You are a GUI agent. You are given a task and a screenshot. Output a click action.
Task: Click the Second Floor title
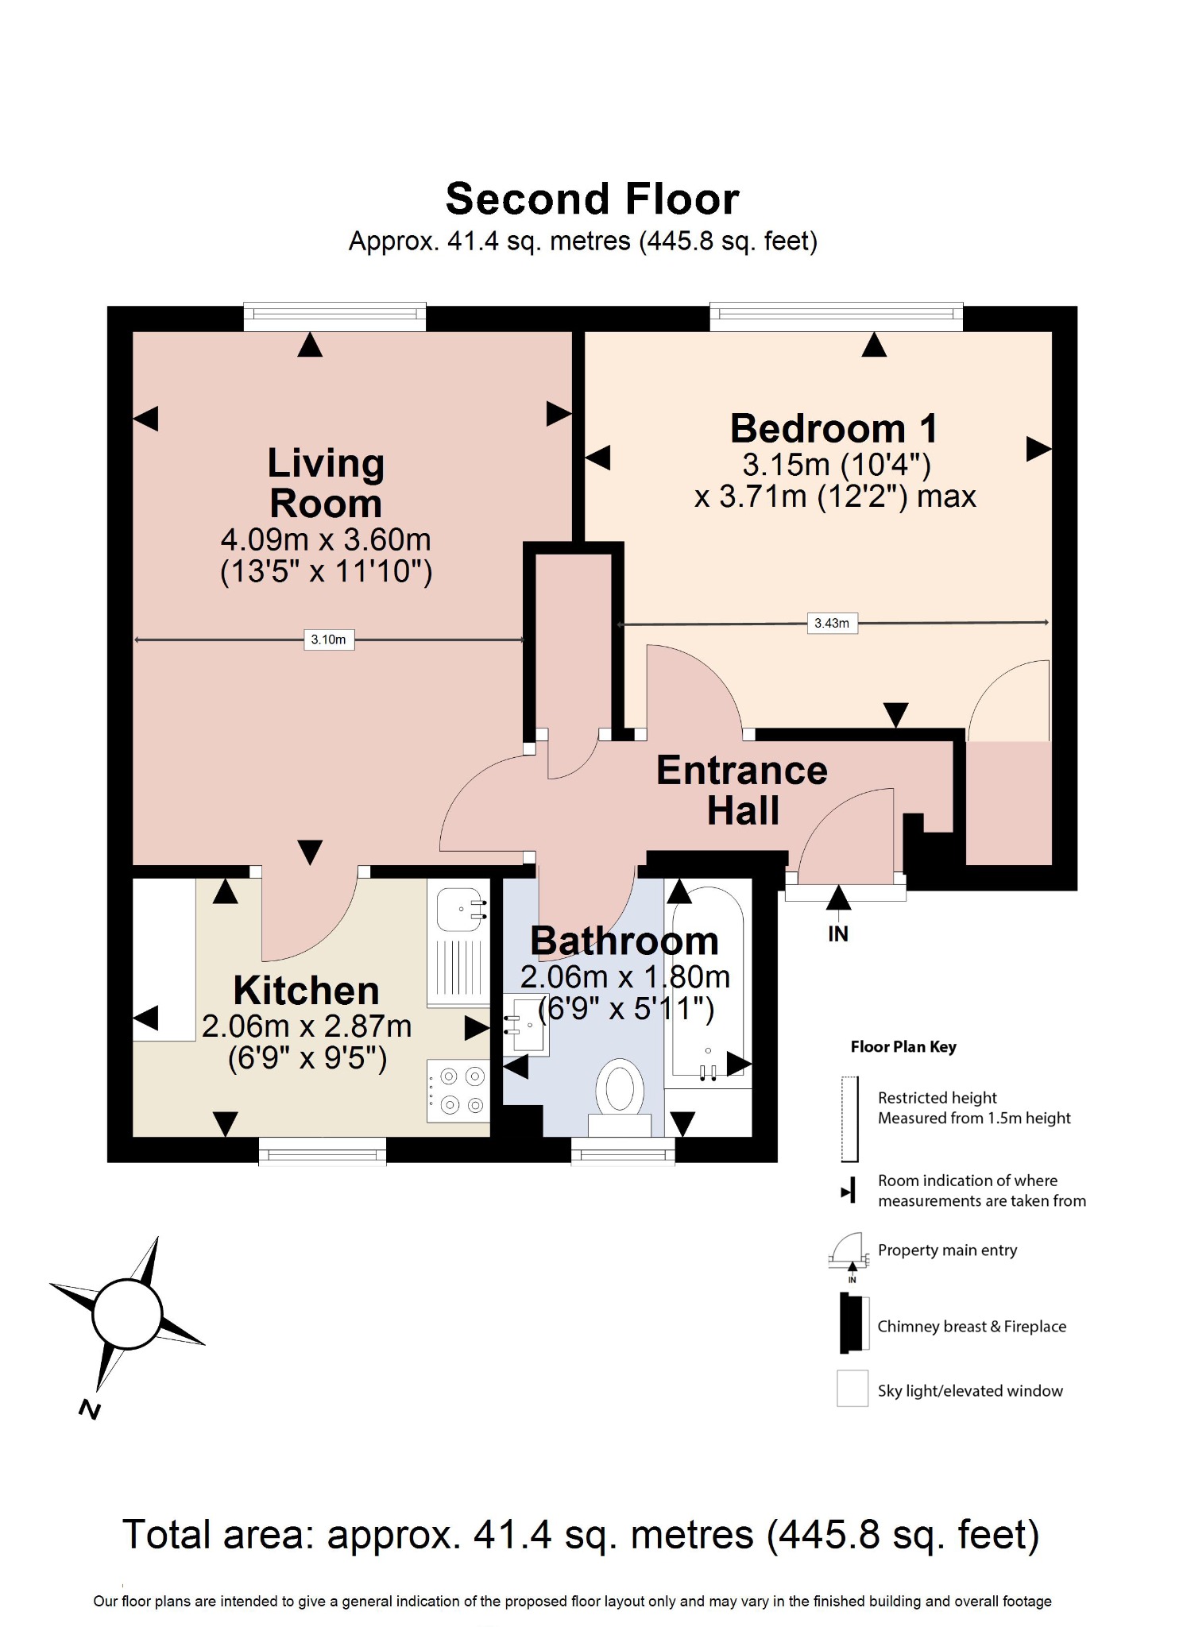592,199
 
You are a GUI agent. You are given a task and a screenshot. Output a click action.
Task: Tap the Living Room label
326,483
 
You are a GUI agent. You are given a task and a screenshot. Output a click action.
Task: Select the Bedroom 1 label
833,429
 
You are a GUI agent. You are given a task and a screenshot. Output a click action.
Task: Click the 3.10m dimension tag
329,640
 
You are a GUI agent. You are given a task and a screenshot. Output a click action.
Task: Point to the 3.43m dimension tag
832,624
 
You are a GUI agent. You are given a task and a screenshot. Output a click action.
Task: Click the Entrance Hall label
742,790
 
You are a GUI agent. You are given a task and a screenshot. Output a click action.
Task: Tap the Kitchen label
306,991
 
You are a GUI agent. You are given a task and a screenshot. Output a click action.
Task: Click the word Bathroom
624,941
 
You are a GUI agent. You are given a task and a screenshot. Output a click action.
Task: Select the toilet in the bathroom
620,1092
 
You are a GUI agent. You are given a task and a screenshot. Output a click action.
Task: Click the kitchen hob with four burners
458,1091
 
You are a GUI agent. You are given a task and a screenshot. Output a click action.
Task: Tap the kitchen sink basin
462,909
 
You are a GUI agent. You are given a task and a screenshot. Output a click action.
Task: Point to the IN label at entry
838,934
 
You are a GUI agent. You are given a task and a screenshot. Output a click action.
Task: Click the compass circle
127,1314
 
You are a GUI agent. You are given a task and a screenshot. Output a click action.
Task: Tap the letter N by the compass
90,1410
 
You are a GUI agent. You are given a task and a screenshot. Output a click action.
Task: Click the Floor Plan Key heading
903,1047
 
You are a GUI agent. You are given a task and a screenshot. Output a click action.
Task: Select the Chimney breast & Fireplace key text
971,1327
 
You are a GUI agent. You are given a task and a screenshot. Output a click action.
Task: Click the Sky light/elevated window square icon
852,1389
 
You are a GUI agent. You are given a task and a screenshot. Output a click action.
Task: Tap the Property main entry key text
947,1250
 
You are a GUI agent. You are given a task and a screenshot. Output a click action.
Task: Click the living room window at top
334,317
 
